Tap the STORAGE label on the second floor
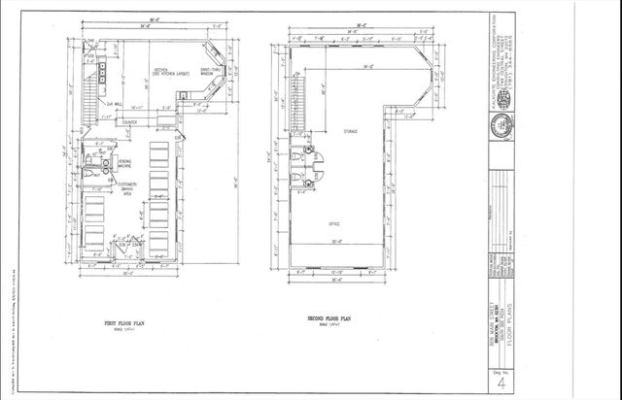[x=350, y=129]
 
